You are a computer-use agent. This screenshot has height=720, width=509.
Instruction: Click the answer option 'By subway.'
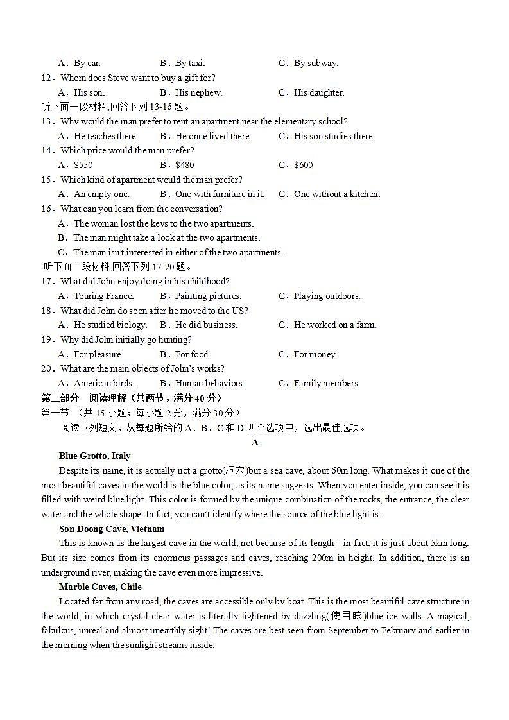pos(316,63)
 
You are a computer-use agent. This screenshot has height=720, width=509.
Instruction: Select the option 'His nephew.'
pos(198,92)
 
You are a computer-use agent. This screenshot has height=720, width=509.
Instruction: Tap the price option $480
pos(185,165)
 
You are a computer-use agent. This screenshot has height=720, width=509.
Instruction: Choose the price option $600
pos(303,165)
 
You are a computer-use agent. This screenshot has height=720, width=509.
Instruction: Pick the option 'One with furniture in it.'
pos(220,194)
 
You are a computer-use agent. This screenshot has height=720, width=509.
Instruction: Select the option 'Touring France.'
pos(103,296)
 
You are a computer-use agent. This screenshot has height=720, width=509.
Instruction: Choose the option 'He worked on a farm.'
pos(334,325)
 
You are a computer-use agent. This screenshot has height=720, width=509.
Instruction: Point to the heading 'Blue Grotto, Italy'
pos(94,456)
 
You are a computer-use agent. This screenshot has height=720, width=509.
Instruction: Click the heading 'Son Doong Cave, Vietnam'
pos(112,529)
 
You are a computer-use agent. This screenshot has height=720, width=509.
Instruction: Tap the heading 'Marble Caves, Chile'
pos(100,587)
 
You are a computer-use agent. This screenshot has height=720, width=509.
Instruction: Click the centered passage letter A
pos(255,442)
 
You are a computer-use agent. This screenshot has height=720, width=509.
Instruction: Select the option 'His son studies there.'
pos(334,136)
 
